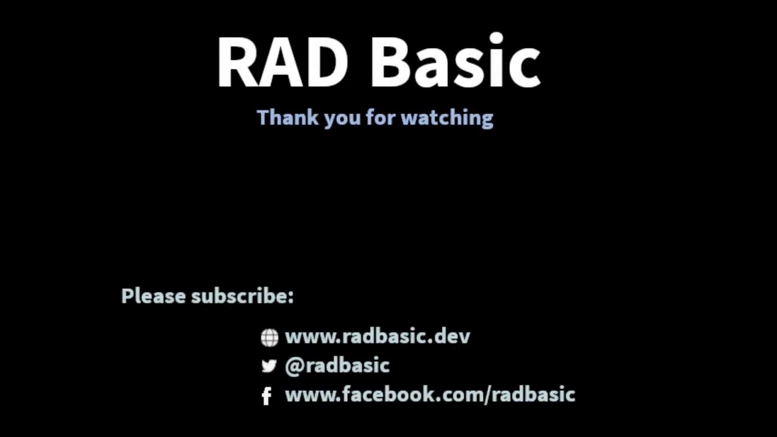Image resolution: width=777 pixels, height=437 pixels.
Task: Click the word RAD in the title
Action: [x=282, y=63]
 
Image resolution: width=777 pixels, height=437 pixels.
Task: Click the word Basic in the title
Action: [x=455, y=63]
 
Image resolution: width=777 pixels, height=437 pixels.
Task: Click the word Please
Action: [x=154, y=296]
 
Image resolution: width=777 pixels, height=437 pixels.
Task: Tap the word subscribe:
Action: [x=242, y=296]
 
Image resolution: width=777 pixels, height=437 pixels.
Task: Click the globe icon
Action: [x=269, y=337]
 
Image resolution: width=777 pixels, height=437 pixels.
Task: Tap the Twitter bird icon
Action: [x=269, y=366]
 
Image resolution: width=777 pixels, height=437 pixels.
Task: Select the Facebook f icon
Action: [x=266, y=396]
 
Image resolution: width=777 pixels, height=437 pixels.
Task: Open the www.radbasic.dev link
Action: [x=377, y=336]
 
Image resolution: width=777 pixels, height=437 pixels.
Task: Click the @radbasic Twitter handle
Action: [x=337, y=365]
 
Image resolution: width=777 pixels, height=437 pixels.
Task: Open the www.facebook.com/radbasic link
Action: [x=430, y=395]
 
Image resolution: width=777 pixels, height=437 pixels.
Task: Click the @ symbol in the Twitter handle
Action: [x=294, y=366]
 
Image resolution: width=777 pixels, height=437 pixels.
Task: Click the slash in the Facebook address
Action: [x=486, y=395]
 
